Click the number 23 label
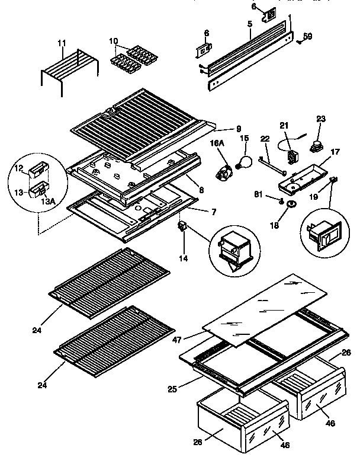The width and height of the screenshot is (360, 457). [321, 119]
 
